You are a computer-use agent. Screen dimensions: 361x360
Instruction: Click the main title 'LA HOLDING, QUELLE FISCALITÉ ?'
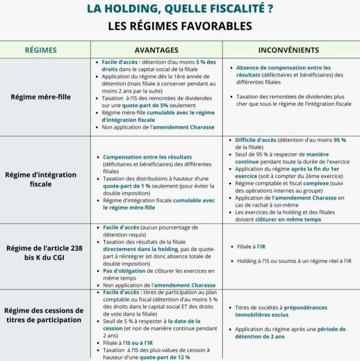[x=180, y=9]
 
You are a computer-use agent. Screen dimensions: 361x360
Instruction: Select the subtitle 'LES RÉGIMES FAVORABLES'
[x=180, y=26]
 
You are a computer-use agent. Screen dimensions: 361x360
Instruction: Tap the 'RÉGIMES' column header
[x=41, y=50]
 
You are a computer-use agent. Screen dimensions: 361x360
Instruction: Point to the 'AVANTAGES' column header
[x=156, y=50]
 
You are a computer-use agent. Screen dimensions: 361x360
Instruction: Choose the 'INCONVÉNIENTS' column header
[x=289, y=50]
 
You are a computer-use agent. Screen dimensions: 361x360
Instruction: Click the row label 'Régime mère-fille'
[x=41, y=96]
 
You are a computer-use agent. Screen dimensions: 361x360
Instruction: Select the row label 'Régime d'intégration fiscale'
[x=41, y=179]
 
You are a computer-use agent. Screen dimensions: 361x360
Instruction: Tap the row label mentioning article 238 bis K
[x=41, y=254]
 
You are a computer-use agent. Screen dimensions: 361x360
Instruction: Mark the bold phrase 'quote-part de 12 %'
[x=165, y=357]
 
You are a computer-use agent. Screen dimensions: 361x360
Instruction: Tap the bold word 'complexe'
[x=317, y=183]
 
